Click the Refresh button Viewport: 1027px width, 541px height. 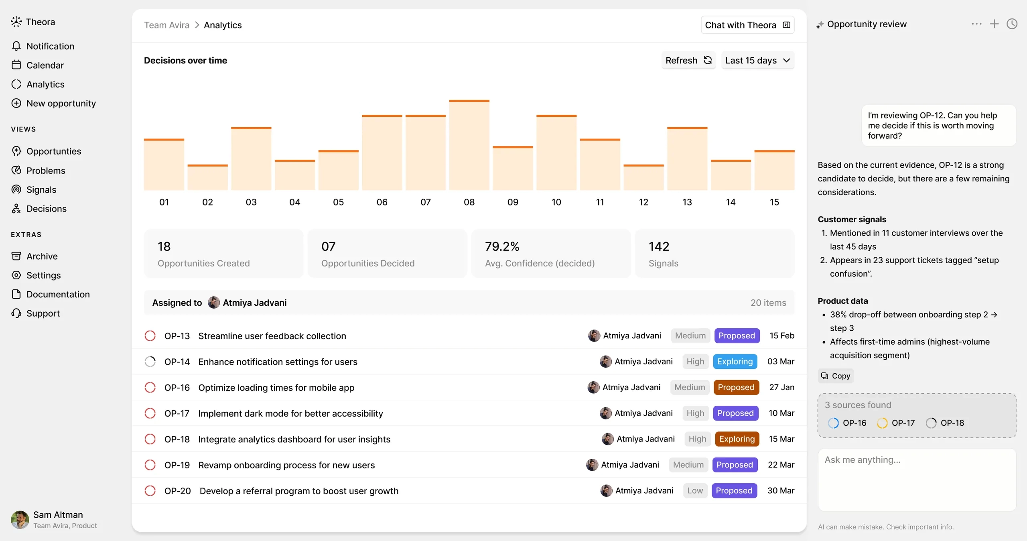[688, 60]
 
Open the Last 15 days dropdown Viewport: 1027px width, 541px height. [757, 60]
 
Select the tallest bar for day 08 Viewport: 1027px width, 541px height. [469, 145]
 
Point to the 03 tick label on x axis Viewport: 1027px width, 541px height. [251, 202]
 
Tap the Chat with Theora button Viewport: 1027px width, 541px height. [747, 25]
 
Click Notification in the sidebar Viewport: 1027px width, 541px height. [50, 46]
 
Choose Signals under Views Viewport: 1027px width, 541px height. [41, 189]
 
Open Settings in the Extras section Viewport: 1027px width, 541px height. [43, 275]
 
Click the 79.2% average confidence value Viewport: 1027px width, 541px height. [502, 246]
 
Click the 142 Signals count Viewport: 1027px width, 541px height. [659, 246]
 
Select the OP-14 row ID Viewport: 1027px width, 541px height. [177, 362]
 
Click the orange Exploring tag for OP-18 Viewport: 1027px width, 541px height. [737, 439]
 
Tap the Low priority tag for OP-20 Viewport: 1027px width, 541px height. [695, 490]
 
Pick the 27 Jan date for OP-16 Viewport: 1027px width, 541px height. [781, 387]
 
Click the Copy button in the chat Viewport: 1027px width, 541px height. [836, 376]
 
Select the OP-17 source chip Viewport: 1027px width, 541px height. [896, 423]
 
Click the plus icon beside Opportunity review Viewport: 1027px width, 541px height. [994, 24]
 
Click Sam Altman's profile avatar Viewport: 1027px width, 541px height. [20, 520]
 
